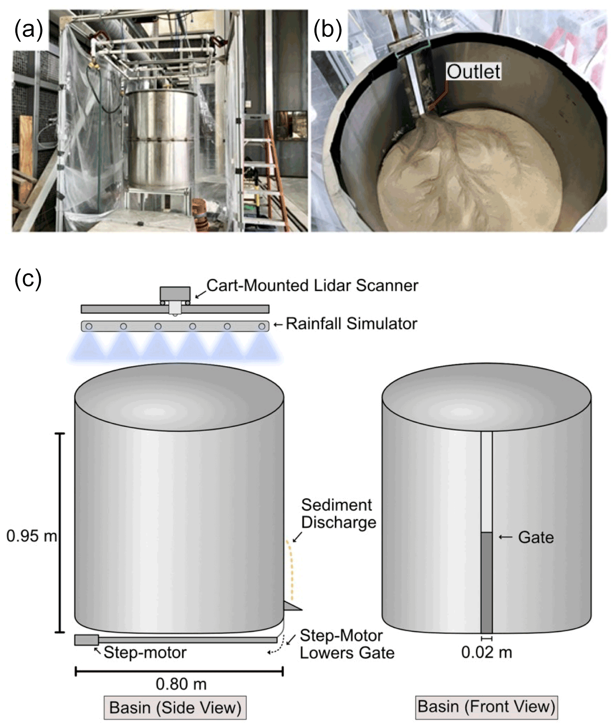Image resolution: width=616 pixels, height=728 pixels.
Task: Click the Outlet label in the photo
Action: tap(474, 72)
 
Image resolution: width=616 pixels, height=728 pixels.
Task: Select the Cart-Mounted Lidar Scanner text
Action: tap(312, 285)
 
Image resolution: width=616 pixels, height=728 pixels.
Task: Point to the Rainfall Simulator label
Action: tap(351, 324)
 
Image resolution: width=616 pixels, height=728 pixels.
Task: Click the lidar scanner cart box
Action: tap(175, 294)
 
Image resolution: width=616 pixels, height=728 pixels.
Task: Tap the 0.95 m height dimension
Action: tap(31, 536)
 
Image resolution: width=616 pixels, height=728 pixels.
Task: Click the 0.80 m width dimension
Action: tap(181, 684)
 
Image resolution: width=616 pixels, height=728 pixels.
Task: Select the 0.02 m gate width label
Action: tap(486, 652)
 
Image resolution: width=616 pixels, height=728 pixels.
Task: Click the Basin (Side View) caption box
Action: tap(175, 707)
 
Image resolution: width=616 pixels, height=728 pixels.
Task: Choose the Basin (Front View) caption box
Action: tap(486, 707)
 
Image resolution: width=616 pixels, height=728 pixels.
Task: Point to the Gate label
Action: tap(536, 537)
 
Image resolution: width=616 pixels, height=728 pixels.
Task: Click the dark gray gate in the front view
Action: tap(486, 581)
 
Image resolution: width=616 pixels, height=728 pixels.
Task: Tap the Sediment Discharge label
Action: tap(338, 514)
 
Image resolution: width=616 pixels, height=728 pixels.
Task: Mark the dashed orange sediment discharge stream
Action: tap(291, 569)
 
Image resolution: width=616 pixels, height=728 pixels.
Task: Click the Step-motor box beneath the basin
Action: tap(86, 640)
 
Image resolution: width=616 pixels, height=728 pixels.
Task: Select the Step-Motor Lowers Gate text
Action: tap(347, 644)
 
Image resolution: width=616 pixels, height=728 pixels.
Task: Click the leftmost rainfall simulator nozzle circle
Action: tap(89, 326)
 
